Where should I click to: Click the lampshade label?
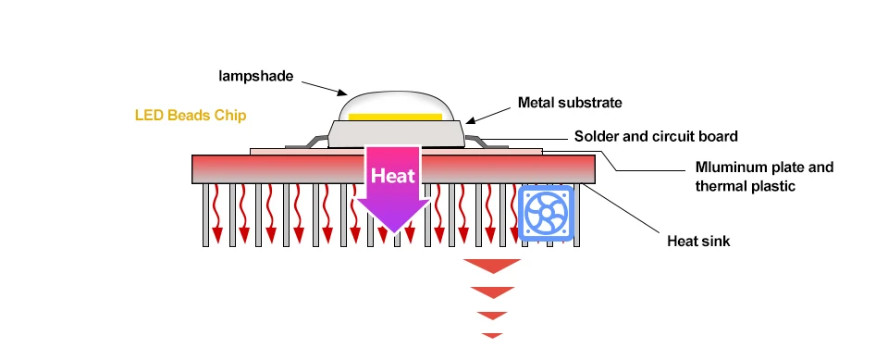[256, 76]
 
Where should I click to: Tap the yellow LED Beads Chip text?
[191, 116]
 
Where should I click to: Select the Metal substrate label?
[570, 103]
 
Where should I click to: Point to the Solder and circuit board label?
[656, 136]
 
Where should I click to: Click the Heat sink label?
[698, 241]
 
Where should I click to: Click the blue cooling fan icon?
[546, 213]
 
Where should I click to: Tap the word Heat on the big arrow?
[393, 175]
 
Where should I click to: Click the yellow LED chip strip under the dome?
[395, 117]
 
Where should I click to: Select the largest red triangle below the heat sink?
[492, 265]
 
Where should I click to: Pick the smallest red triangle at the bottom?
[492, 335]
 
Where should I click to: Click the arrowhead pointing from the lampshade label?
[342, 92]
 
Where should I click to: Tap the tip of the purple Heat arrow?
[394, 233]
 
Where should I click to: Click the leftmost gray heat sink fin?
[205, 215]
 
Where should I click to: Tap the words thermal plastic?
[746, 186]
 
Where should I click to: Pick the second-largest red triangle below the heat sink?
[493, 292]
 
